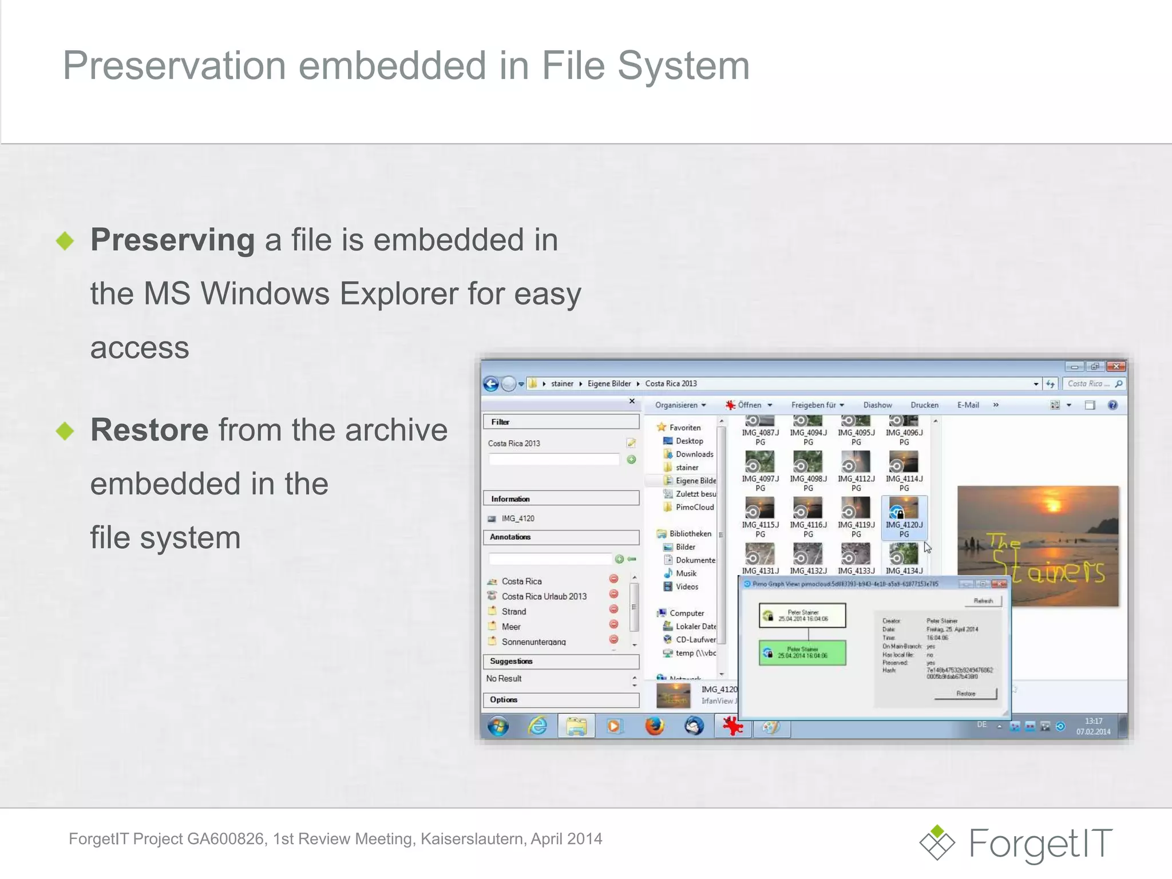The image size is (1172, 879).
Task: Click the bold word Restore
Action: [149, 430]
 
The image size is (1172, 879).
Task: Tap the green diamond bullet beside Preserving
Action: [65, 240]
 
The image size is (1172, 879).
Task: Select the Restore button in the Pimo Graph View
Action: [965, 694]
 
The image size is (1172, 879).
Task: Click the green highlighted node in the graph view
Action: [802, 652]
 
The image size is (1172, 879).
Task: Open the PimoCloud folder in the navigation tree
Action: [694, 507]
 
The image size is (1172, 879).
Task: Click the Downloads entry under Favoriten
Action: [694, 454]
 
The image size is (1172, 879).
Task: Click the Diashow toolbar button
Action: [877, 405]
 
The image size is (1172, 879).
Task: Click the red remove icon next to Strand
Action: [613, 609]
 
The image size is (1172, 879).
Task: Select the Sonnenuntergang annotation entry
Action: [533, 642]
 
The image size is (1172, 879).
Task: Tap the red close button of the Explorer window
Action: [1116, 367]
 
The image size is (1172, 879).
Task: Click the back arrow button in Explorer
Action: [491, 384]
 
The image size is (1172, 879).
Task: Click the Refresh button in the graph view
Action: [983, 601]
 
